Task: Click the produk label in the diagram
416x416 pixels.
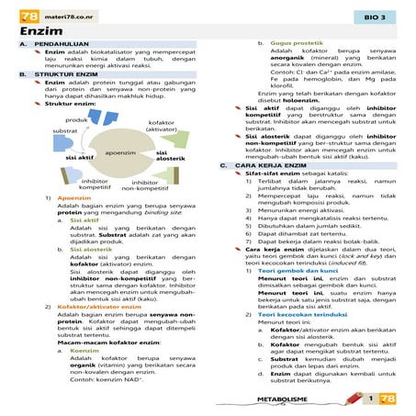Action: click(x=76, y=120)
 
